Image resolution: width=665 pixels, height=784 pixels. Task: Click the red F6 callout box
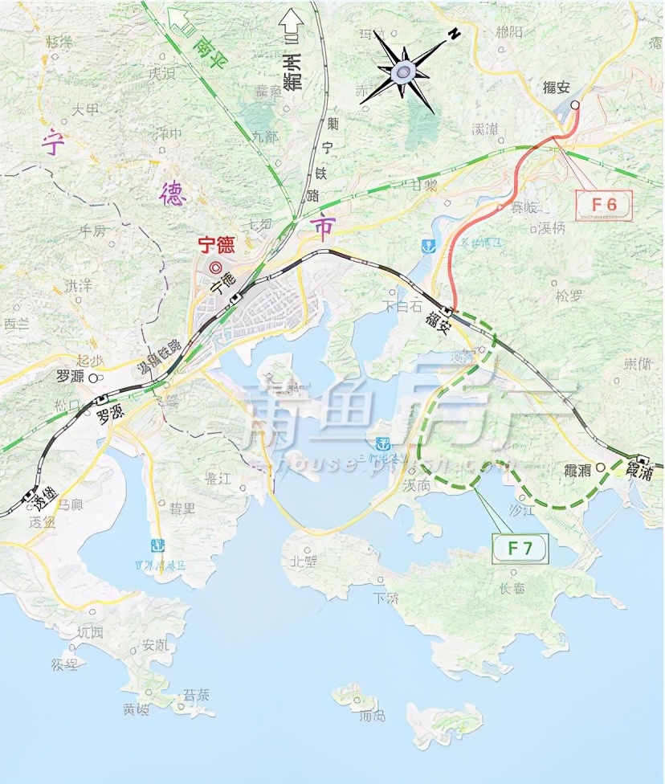(603, 204)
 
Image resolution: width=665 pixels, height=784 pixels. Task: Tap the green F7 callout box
(519, 549)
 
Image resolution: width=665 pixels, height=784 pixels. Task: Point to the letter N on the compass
(454, 33)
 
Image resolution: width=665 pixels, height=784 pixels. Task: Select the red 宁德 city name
(217, 244)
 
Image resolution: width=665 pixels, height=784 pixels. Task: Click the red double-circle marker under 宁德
(214, 268)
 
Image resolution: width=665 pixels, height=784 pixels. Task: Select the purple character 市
(324, 229)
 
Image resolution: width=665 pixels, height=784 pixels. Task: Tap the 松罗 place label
(568, 296)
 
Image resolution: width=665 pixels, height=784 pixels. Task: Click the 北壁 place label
(306, 561)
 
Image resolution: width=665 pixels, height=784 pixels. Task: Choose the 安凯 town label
(155, 644)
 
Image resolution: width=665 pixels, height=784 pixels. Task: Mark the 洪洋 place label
(78, 285)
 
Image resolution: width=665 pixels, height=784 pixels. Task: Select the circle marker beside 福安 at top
(575, 104)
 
